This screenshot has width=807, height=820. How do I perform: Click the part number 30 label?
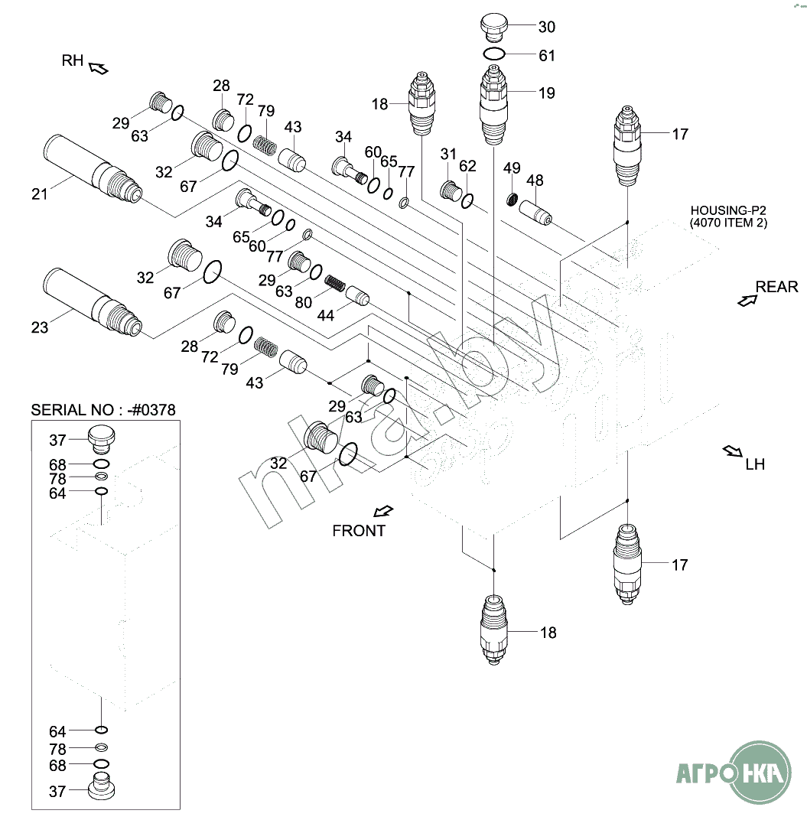click(x=547, y=27)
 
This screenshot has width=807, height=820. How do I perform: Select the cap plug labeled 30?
click(x=493, y=28)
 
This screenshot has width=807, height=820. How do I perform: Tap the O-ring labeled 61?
click(x=493, y=54)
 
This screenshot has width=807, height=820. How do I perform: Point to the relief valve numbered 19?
click(x=493, y=105)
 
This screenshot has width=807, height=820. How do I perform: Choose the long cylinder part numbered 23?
click(x=93, y=301)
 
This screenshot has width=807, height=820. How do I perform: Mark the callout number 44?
click(x=325, y=315)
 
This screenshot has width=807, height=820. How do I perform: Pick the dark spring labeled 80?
click(x=335, y=283)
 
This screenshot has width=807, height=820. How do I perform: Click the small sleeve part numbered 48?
click(x=535, y=213)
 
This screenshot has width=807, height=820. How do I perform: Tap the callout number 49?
click(x=512, y=168)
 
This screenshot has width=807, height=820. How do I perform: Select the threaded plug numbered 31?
click(x=451, y=190)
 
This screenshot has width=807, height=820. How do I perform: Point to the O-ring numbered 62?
click(x=467, y=201)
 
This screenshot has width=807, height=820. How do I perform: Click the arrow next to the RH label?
click(x=99, y=69)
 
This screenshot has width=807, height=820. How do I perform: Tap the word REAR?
click(x=776, y=287)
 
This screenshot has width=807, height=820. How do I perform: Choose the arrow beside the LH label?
click(x=732, y=451)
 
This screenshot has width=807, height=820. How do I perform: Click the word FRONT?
click(x=359, y=531)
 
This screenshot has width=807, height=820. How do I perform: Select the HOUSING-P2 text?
click(x=728, y=210)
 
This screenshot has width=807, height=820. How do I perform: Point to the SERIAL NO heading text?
click(x=103, y=409)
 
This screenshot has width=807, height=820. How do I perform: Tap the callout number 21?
click(x=40, y=194)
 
